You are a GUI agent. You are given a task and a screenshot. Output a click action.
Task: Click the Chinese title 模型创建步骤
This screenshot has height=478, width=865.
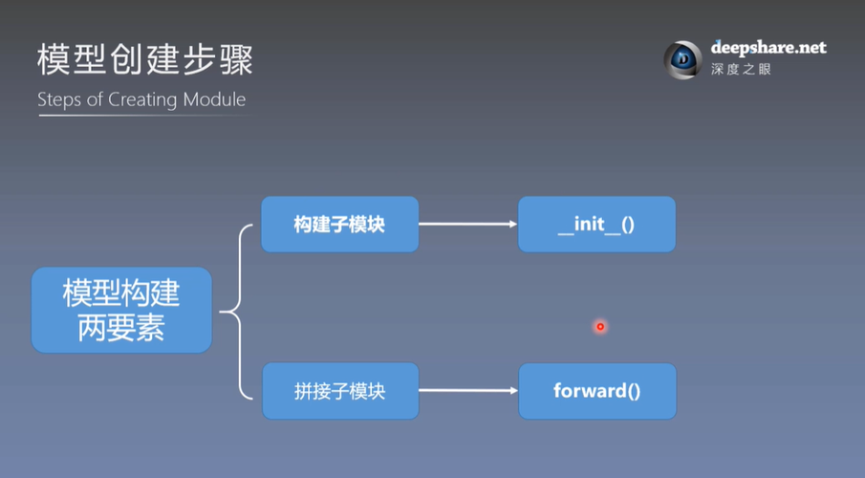pyautogui.click(x=145, y=59)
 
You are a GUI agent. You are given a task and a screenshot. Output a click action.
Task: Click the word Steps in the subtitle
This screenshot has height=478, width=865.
pyautogui.click(x=58, y=99)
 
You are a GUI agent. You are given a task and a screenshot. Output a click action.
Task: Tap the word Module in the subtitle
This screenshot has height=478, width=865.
pyautogui.click(x=215, y=99)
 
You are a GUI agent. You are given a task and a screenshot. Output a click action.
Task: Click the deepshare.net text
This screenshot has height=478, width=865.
pyautogui.click(x=768, y=48)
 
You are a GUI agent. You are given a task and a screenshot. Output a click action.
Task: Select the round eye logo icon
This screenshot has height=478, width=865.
pyautogui.click(x=683, y=59)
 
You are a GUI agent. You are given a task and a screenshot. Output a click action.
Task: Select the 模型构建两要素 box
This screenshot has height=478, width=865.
pyautogui.click(x=121, y=310)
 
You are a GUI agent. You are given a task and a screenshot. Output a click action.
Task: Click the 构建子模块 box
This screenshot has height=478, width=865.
pyautogui.click(x=339, y=225)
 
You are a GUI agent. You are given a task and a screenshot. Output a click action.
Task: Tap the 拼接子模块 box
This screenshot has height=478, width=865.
pyautogui.click(x=339, y=390)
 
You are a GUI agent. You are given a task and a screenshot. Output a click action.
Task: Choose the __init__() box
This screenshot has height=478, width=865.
pyautogui.click(x=596, y=225)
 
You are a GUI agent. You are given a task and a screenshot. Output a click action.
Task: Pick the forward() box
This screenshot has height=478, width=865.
pyautogui.click(x=596, y=390)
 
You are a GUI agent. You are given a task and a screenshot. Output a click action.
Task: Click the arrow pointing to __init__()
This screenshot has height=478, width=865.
pyautogui.click(x=467, y=225)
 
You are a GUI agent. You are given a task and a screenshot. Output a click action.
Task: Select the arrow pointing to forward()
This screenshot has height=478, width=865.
pyautogui.click(x=467, y=390)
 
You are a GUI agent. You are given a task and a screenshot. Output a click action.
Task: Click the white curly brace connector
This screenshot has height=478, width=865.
pyautogui.click(x=239, y=310)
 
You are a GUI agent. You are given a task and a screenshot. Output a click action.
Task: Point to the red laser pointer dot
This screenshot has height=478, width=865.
pyautogui.click(x=600, y=327)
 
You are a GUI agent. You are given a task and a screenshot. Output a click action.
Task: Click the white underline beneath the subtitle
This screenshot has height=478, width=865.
pyautogui.click(x=143, y=116)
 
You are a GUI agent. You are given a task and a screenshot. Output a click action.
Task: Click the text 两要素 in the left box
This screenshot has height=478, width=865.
pyautogui.click(x=121, y=329)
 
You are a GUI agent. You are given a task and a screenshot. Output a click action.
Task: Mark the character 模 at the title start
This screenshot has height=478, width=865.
pyautogui.click(x=55, y=59)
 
